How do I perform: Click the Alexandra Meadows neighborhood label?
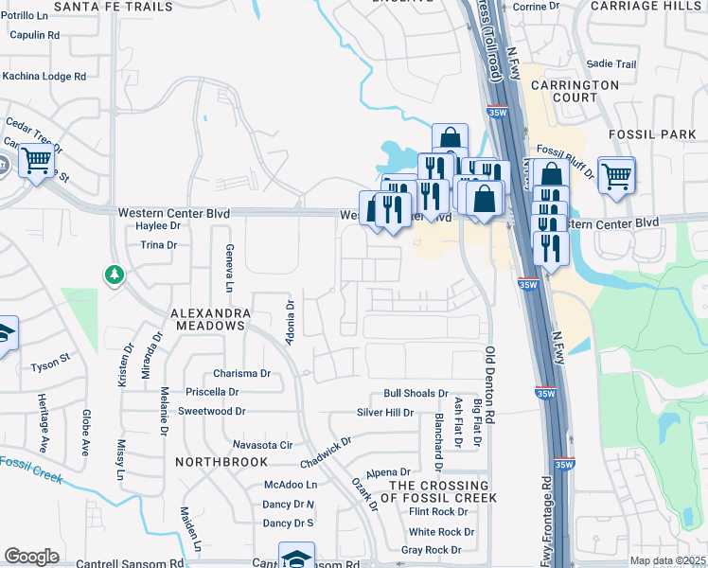tap(210, 318)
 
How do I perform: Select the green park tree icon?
tap(114, 275)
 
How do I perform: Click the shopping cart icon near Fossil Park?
tap(616, 174)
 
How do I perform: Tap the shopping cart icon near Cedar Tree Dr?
tap(35, 162)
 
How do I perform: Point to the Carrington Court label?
tap(587, 91)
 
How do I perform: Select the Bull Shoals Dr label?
tap(416, 393)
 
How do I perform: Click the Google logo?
tap(31, 556)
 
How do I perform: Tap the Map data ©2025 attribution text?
tap(667, 560)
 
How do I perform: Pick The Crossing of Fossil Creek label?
tap(443, 491)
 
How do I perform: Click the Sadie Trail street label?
tap(611, 64)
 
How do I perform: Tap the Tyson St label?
tap(51, 361)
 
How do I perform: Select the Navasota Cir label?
tap(262, 444)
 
